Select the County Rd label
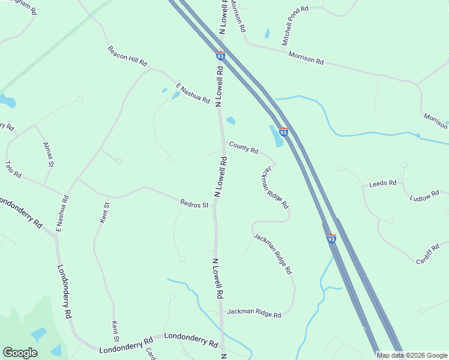[x=243, y=147]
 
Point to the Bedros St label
[x=194, y=204]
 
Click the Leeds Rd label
[x=383, y=183]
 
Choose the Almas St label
[x=49, y=155]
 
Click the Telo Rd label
[x=13, y=169]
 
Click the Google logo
[x=20, y=353]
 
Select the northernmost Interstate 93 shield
[x=221, y=55]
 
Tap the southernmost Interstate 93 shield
[x=331, y=238]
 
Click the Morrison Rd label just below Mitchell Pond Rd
[x=306, y=58]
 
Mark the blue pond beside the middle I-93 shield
[x=276, y=137]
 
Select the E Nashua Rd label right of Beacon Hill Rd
[x=192, y=93]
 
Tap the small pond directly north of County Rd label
[x=231, y=121]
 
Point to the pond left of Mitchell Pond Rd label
[x=267, y=33]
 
